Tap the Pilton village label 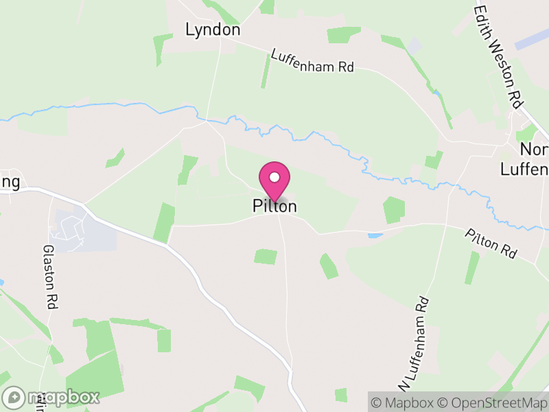pos(274,206)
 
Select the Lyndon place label pos(213,30)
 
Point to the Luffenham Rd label pos(312,60)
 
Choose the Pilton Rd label pos(490,244)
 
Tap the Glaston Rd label pos(49,277)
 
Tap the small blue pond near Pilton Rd pos(375,236)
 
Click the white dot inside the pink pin pos(274,177)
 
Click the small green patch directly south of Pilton pos(266,257)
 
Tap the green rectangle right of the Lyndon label pos(343,34)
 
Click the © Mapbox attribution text pos(404,402)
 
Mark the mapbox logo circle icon pos(14,397)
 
